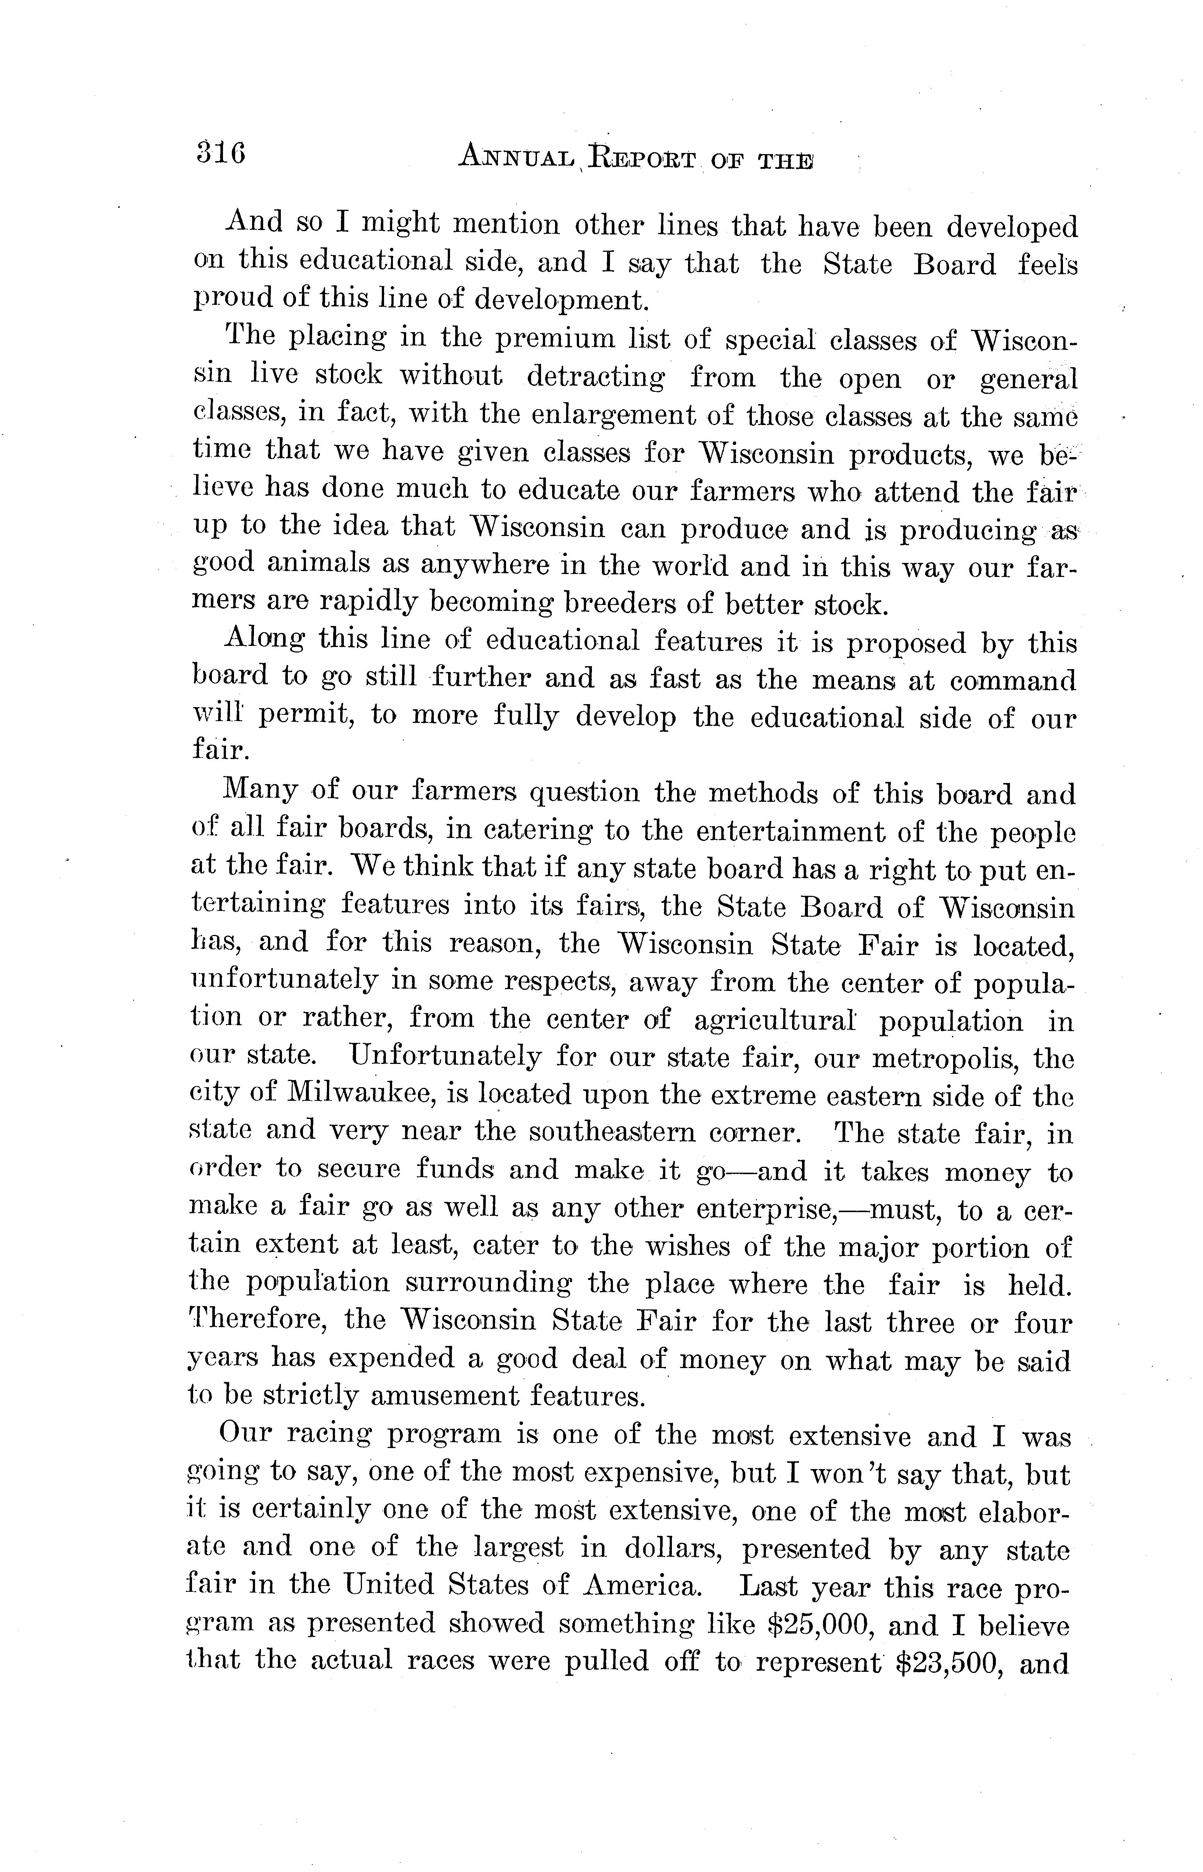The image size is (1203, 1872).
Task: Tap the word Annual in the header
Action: coord(516,159)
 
